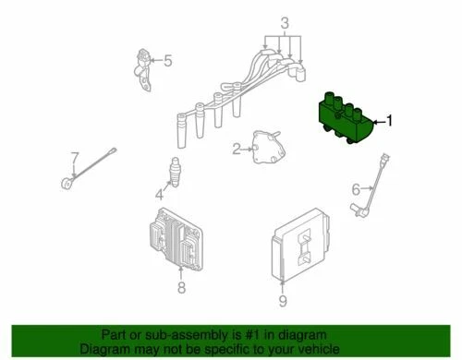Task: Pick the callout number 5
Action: point(168,61)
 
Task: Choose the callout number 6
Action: point(354,190)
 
